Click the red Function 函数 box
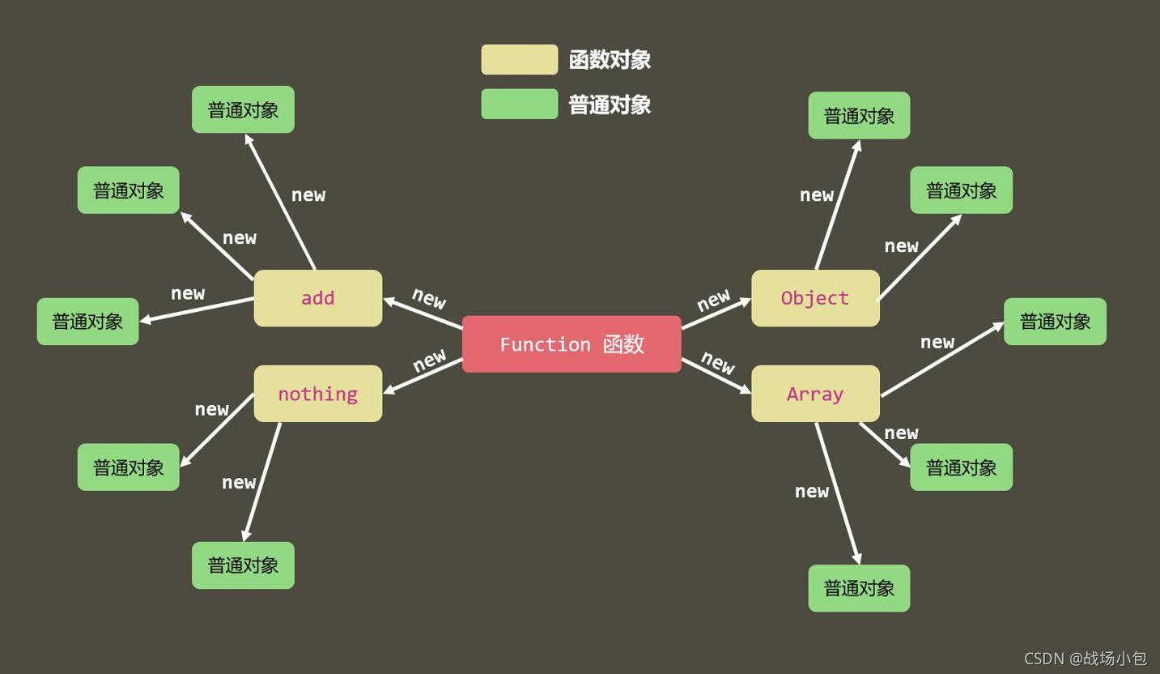(x=572, y=344)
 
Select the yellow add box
(x=318, y=298)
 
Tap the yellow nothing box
(x=318, y=394)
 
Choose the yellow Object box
(x=815, y=298)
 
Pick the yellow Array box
(x=815, y=394)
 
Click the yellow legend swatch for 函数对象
(x=520, y=60)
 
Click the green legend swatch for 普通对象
(x=520, y=105)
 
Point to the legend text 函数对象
(x=610, y=60)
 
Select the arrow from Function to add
(x=423, y=314)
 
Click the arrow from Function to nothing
(x=423, y=376)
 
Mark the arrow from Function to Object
(x=716, y=314)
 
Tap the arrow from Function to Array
(x=716, y=376)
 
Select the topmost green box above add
(x=243, y=109)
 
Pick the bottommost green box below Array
(x=859, y=588)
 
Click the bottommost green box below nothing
(x=243, y=565)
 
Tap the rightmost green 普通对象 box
(x=1055, y=321)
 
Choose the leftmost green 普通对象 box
(x=87, y=321)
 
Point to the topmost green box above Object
(x=859, y=115)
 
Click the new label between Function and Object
(x=714, y=300)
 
